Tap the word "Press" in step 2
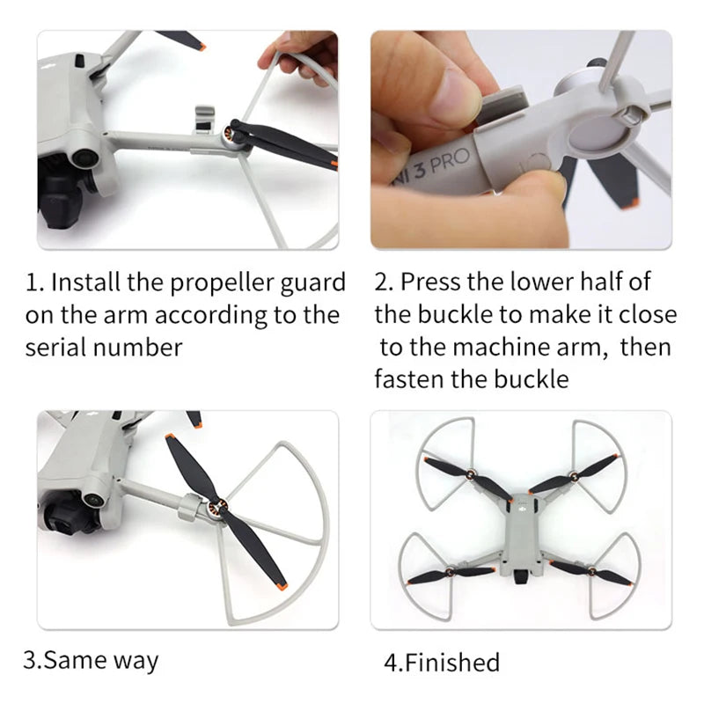click(x=429, y=282)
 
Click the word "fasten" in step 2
click(x=413, y=379)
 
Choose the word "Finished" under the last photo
click(x=451, y=662)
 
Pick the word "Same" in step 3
click(x=71, y=660)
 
